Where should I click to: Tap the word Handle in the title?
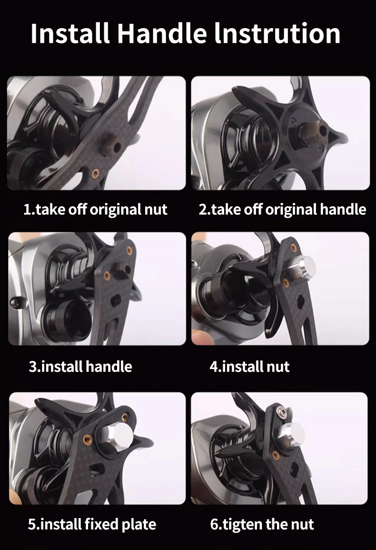click(x=162, y=33)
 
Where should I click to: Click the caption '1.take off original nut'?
click(x=95, y=210)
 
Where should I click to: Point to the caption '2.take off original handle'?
click(x=282, y=210)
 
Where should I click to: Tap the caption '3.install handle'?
click(x=80, y=367)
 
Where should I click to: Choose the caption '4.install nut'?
click(x=249, y=367)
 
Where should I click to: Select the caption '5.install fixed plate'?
click(x=92, y=524)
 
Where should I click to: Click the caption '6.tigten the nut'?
click(x=262, y=524)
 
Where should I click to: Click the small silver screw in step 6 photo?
click(x=281, y=411)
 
